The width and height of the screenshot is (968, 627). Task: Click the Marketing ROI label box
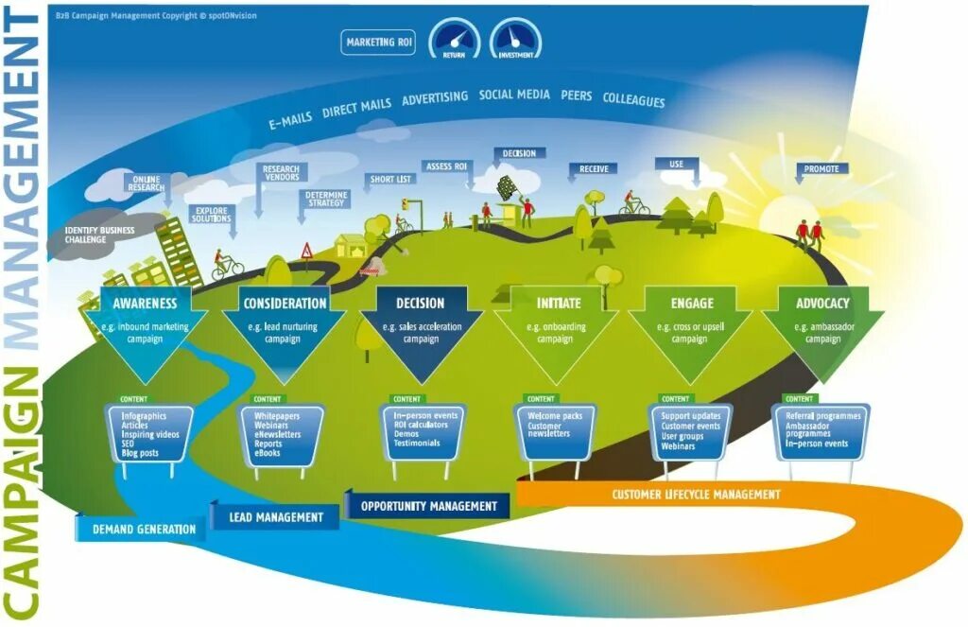coord(379,43)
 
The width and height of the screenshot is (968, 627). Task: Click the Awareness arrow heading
coord(145,304)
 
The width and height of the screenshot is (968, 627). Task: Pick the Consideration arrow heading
coord(285,304)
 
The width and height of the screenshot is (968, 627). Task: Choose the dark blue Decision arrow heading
coord(421,304)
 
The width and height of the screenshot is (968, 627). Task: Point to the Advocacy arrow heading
coord(822,304)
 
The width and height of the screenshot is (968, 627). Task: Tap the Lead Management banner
coord(276,517)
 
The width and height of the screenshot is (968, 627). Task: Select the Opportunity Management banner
coord(428,506)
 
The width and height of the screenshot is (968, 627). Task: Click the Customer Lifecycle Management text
coord(696,495)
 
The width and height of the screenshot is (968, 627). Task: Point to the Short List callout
coord(389,180)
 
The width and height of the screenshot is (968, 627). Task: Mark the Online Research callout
coord(147,183)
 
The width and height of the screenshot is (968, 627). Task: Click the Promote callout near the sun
coord(821,169)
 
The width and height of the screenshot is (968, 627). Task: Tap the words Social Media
coord(513,95)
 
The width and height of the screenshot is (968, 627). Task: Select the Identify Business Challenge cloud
coord(99,235)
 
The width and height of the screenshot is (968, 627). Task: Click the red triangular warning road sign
coord(306,251)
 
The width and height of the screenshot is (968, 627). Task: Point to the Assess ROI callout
coord(447,166)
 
